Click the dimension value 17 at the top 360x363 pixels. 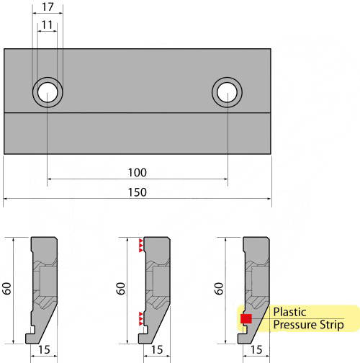tap(48, 6)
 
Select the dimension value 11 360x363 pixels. tap(47, 24)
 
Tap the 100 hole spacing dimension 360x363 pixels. tap(137, 173)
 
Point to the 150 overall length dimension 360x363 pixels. tap(137, 192)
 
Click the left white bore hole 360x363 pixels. tap(48, 92)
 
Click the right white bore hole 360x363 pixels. tap(227, 92)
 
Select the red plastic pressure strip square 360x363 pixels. tap(246, 318)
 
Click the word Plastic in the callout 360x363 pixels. tap(289, 312)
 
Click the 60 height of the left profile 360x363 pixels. tap(7, 288)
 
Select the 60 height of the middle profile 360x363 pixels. tap(121, 288)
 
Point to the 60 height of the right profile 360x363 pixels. tap(219, 288)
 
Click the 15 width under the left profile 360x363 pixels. tap(44, 350)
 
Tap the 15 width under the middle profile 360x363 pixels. tap(157, 350)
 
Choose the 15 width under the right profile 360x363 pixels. tap(256, 350)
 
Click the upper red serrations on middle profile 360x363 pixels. tap(141, 246)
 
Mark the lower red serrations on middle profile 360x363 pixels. tap(141, 319)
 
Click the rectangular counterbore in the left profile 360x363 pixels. tap(48, 281)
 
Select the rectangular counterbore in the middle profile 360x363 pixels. tap(161, 281)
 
